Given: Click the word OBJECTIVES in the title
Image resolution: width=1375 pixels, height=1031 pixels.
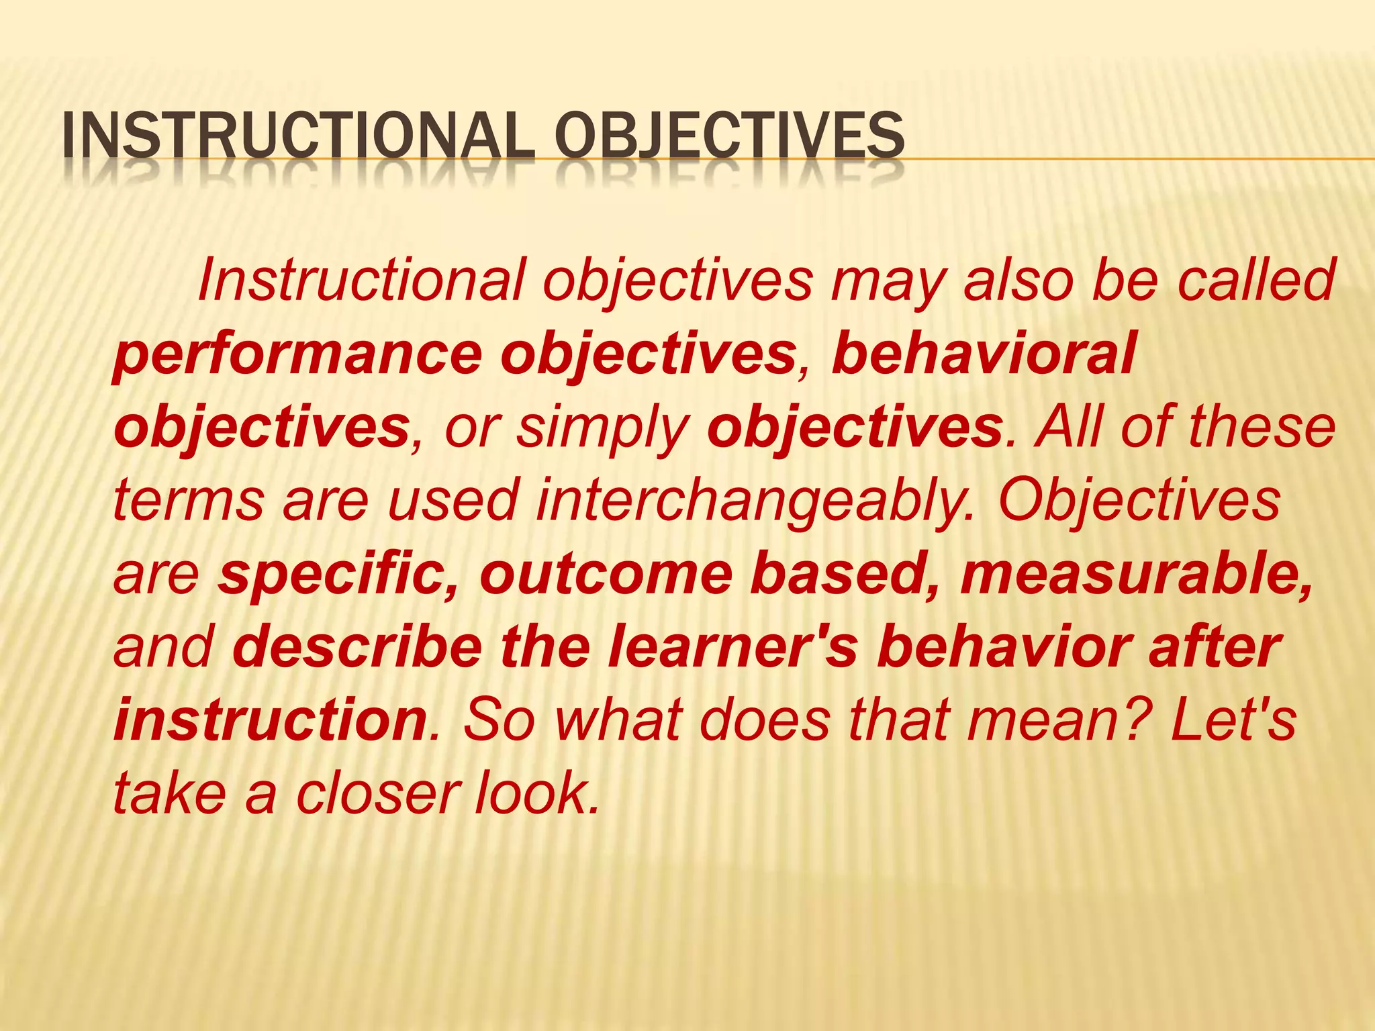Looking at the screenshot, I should (x=729, y=136).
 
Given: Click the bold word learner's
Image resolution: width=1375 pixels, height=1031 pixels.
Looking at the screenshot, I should (x=732, y=647).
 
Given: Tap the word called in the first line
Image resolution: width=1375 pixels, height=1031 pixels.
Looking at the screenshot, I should (x=1256, y=281).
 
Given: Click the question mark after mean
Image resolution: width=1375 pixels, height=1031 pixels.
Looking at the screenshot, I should (x=1141, y=720).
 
